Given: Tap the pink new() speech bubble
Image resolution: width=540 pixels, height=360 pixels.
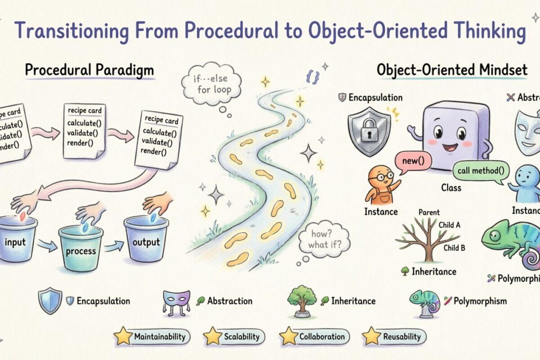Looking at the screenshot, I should point(411,161).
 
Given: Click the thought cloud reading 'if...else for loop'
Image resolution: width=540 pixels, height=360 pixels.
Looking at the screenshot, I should point(211,84).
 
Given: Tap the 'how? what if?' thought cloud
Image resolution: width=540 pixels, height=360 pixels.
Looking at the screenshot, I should point(323,240).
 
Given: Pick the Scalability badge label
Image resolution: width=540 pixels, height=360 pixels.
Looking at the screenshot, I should point(241,336).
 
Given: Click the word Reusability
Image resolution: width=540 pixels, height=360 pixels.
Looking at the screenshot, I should point(401,336).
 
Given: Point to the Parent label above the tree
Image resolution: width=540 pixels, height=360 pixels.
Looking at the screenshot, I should point(429,212).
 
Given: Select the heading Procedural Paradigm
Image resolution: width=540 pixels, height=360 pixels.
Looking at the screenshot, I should point(89,70).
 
